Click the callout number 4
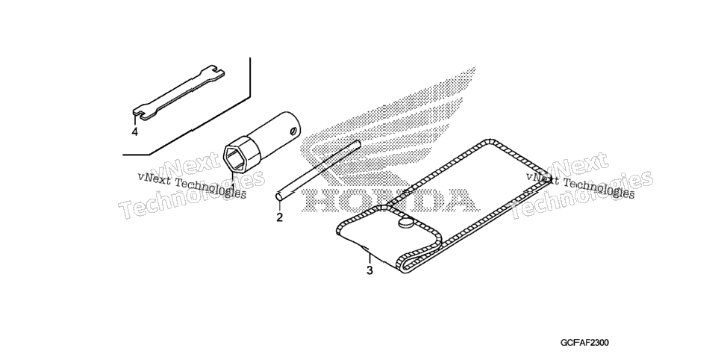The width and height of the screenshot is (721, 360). [134, 132]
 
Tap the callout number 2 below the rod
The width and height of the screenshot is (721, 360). [280, 217]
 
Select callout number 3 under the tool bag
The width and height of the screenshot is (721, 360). [369, 270]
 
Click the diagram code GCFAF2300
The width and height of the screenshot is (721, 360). [584, 343]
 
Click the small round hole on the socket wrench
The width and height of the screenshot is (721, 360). [293, 132]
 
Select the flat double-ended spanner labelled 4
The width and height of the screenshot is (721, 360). [178, 92]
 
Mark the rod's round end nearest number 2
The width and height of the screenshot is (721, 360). [278, 196]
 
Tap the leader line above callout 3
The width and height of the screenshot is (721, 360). [368, 257]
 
